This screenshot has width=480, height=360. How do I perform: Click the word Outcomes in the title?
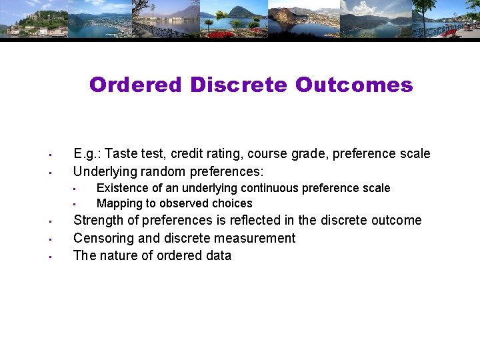tap(354, 85)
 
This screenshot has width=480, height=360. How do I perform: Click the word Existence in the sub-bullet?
tap(123, 188)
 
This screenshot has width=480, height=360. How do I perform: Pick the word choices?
tap(232, 203)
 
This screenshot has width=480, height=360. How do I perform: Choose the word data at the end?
tap(217, 255)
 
